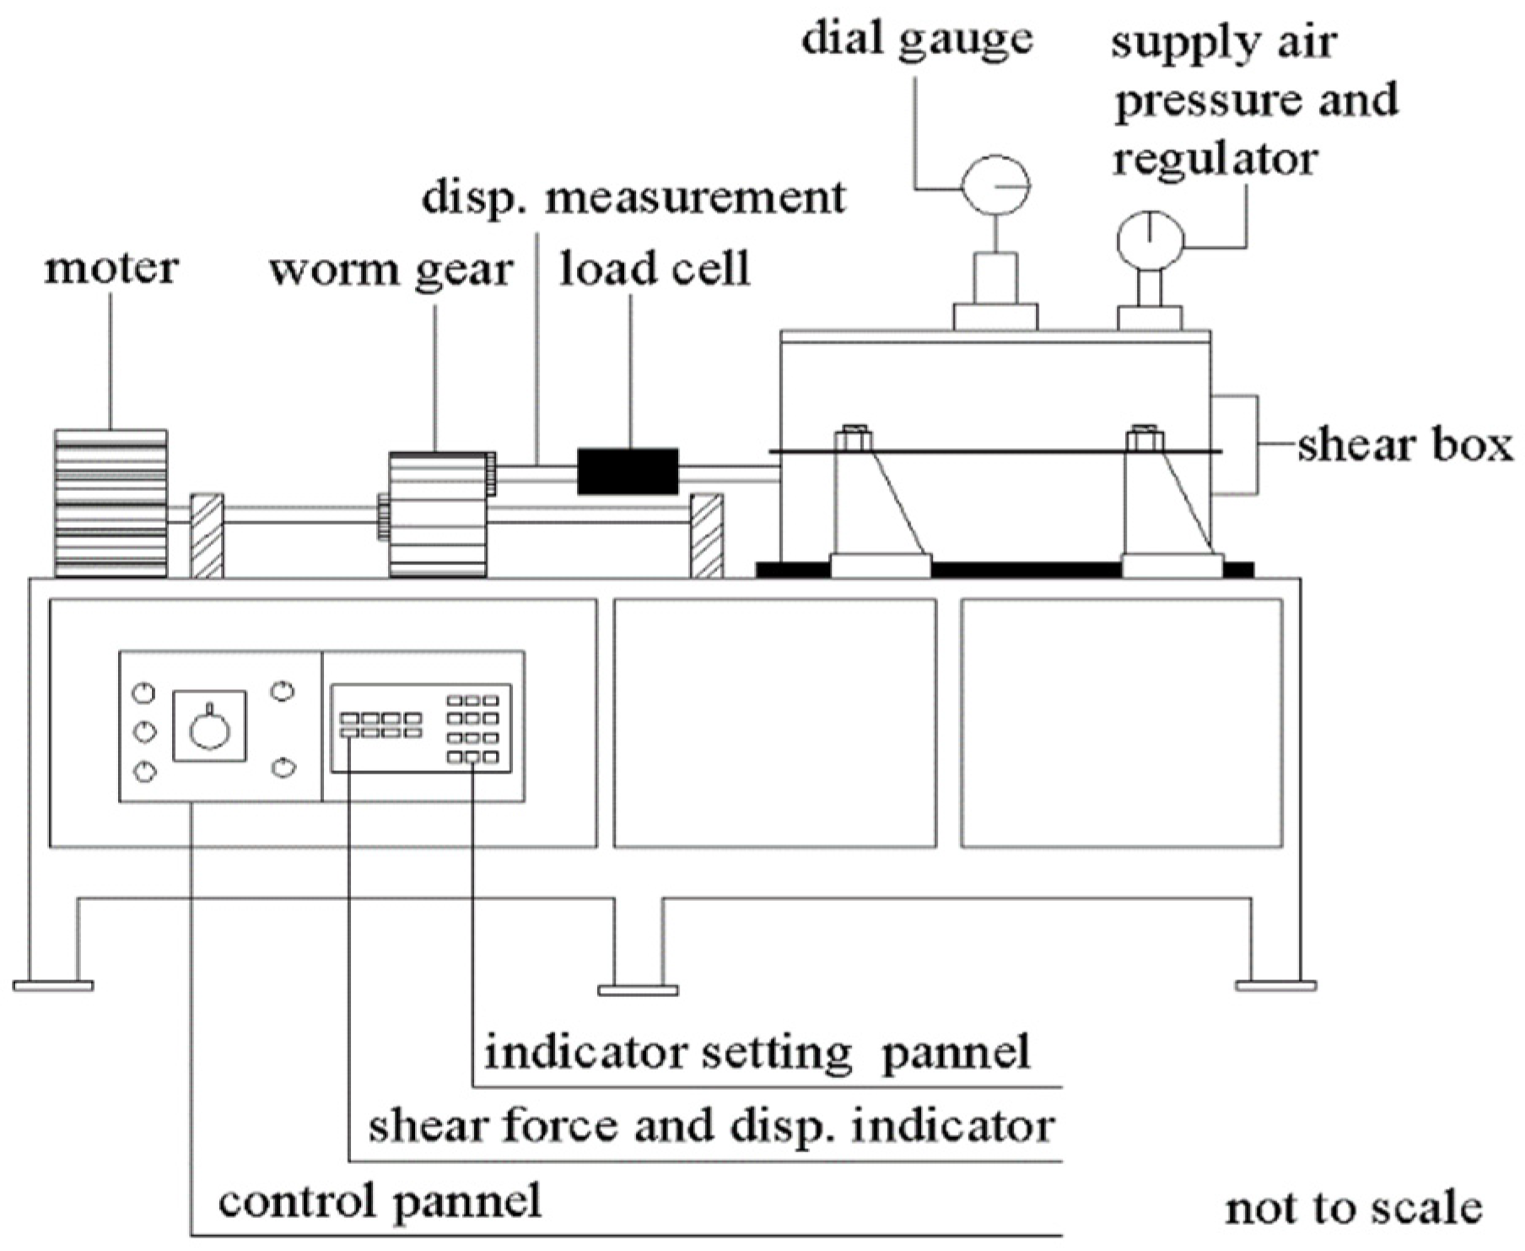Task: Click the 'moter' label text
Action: tap(110, 268)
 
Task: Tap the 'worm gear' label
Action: tap(391, 271)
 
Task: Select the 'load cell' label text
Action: tap(655, 269)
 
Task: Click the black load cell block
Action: tap(628, 472)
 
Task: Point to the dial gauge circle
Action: tap(996, 185)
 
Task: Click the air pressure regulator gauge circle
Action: tap(1150, 240)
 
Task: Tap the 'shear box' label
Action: tap(1404, 445)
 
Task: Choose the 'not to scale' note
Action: tap(1353, 1208)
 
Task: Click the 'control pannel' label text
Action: tap(380, 1200)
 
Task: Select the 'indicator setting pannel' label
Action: tap(757, 1052)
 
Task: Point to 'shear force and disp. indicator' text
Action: tap(711, 1125)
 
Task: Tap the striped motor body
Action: tap(110, 504)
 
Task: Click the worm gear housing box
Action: tap(438, 515)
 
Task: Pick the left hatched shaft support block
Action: tap(207, 536)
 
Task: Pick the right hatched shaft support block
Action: tap(707, 536)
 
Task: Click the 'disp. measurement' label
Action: tap(633, 197)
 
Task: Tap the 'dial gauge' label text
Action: tap(917, 40)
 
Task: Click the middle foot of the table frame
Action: tap(638, 989)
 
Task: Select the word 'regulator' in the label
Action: tap(1215, 159)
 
